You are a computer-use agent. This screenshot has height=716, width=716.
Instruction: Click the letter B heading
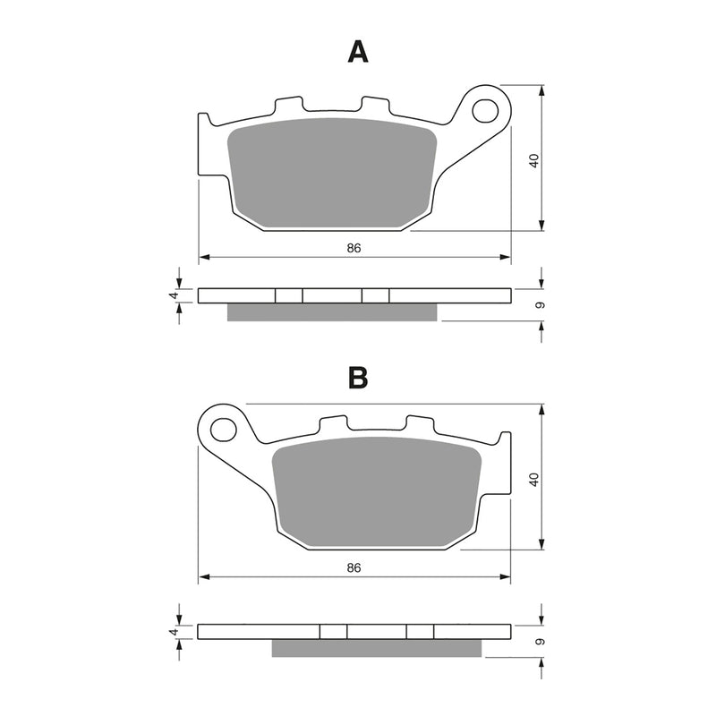[x=358, y=378]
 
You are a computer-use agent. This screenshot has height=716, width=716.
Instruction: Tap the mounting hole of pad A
[x=486, y=110]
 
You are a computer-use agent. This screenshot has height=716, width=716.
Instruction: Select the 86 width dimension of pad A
[x=354, y=248]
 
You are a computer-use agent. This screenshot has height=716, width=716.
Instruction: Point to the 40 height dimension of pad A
[x=533, y=161]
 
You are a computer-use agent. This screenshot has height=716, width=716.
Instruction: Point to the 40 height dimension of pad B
[x=533, y=479]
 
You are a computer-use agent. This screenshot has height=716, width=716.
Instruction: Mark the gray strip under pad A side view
[x=333, y=311]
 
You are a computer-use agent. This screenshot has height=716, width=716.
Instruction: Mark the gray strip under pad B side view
[x=377, y=648]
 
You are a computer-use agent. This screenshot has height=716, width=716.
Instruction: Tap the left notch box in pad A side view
[x=289, y=295]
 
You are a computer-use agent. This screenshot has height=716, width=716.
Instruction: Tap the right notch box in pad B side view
[x=420, y=632]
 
